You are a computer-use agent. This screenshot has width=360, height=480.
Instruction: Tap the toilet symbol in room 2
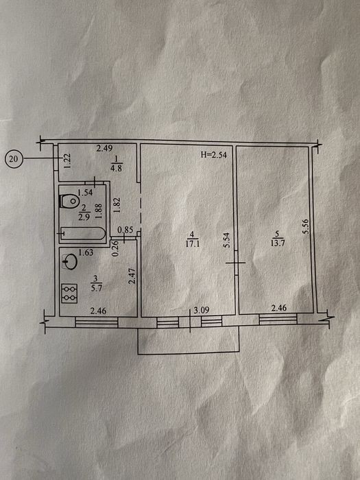(69, 201)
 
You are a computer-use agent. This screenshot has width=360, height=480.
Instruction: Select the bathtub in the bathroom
(83, 234)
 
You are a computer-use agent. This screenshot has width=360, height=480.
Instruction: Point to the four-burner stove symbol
(69, 293)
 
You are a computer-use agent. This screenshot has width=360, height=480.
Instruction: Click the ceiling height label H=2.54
(213, 155)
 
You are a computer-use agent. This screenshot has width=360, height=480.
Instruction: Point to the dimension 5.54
(227, 240)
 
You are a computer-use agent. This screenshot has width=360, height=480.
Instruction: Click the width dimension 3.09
(202, 310)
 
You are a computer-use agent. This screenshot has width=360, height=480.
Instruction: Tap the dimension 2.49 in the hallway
(104, 149)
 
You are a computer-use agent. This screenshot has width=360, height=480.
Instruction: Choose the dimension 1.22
(68, 160)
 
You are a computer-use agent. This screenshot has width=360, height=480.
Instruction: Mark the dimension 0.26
(115, 248)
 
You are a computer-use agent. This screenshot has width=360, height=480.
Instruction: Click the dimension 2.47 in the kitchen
(132, 276)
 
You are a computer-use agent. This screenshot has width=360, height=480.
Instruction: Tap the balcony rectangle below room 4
(188, 341)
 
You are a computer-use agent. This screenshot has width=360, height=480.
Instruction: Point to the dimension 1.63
(86, 253)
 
